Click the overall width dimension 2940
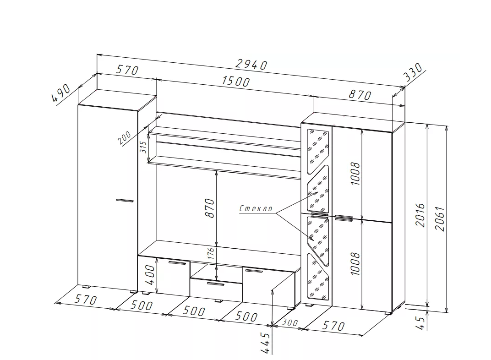tap(251, 65)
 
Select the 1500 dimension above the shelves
tap(236, 81)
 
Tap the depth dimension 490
tap(61, 93)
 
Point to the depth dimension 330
tap(413, 72)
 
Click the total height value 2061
tap(440, 218)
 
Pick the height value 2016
tap(420, 215)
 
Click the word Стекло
tap(256, 208)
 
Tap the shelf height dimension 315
tap(143, 147)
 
